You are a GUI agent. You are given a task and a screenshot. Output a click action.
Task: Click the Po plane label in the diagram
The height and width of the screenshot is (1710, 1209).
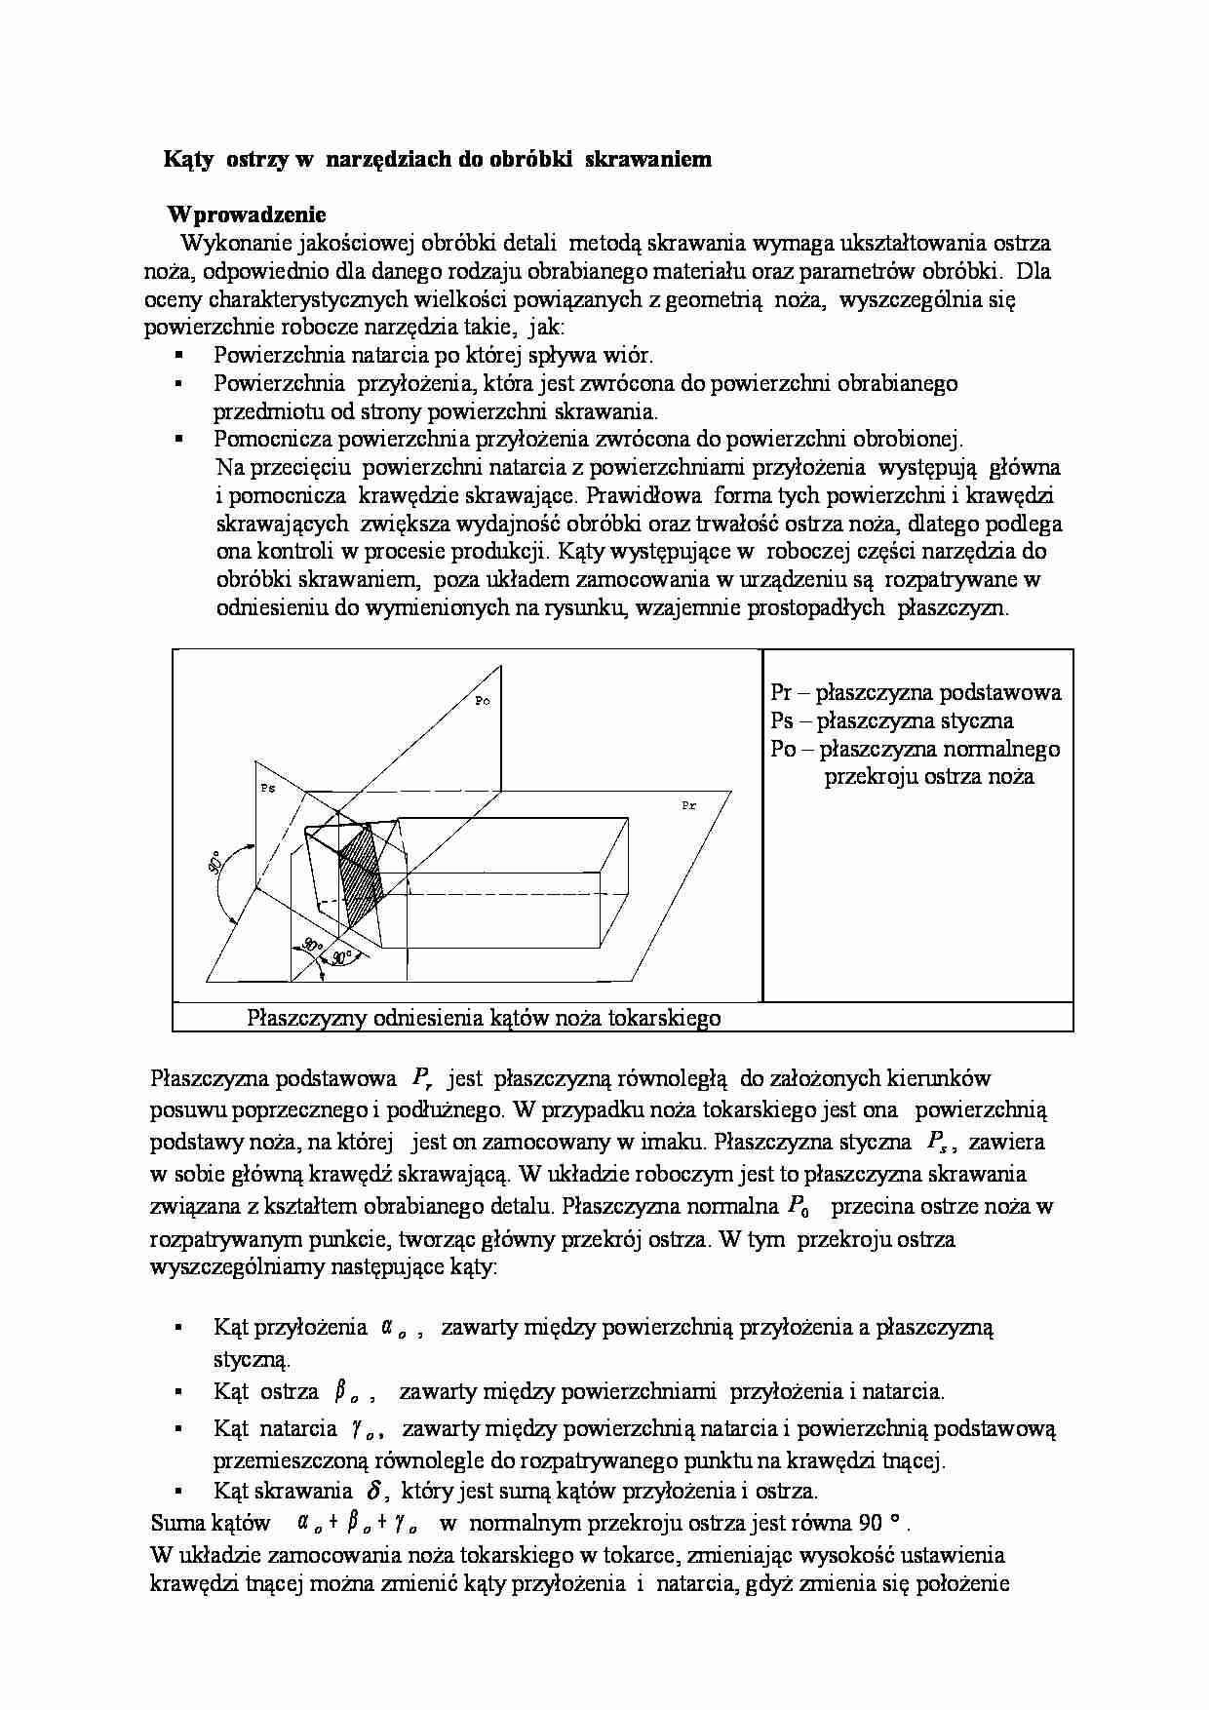pos(483,701)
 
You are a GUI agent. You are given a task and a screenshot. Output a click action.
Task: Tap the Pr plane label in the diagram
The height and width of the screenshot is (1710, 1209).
pos(688,806)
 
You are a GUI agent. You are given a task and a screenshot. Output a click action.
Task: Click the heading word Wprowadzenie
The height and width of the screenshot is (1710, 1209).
pos(247,214)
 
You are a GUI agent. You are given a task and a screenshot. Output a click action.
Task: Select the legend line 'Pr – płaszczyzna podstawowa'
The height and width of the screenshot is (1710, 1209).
pos(915,693)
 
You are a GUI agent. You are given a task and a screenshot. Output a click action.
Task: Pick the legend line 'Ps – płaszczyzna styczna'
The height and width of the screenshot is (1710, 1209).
pos(891,721)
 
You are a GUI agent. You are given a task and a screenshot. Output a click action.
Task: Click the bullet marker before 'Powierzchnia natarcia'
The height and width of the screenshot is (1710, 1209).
pos(178,356)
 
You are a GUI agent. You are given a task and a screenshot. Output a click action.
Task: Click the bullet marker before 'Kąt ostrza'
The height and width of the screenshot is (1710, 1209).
pos(178,1392)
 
